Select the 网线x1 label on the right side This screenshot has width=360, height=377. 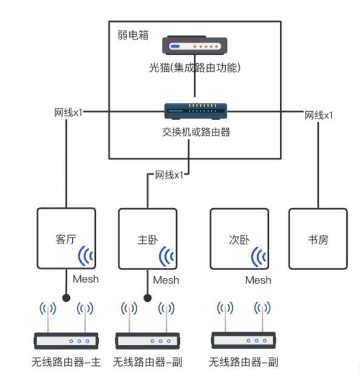(318, 115)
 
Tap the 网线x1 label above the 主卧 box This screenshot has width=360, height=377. (169, 175)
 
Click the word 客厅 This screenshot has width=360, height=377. (66, 239)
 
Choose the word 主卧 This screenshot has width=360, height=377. (147, 239)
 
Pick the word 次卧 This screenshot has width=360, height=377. (239, 239)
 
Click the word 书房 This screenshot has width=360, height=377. (318, 239)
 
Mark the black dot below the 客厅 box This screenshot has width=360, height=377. (65, 298)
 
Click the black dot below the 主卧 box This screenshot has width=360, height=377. (147, 298)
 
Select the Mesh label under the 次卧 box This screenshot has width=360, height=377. (258, 280)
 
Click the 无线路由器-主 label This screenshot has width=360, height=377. (66, 362)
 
